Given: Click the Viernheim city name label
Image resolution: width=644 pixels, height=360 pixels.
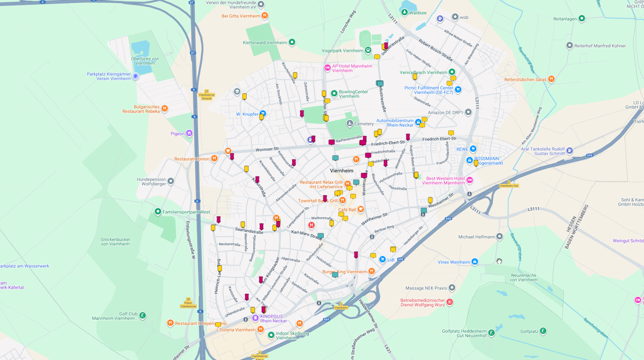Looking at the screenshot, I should point(341,171).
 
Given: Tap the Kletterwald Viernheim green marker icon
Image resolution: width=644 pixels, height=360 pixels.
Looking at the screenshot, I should point(292,42).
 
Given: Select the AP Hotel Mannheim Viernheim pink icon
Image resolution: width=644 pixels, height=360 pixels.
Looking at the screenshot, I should point(327,68).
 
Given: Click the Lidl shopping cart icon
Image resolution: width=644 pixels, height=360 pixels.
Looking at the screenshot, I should point(382,260).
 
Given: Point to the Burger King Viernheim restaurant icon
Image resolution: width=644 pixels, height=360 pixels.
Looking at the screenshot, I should point(371,271).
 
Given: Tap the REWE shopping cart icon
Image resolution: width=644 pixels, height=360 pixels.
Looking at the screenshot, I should point(473,149).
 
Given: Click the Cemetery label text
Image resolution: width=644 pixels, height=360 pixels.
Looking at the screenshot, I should point(364,124).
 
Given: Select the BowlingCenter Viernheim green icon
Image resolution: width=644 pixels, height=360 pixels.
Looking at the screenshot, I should point(334,94).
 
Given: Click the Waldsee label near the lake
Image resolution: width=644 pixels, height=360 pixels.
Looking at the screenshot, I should point(418,13).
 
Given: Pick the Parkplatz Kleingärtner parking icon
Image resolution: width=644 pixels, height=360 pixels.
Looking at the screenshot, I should point(135,76).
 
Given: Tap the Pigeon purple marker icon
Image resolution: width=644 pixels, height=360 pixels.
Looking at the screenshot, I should point(189,133).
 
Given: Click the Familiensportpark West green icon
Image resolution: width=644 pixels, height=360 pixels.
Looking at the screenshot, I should point(158,212).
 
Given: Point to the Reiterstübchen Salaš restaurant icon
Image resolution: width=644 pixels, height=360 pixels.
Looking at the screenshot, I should point(551,79).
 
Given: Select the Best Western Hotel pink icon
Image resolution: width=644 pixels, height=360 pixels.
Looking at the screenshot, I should point(470,180).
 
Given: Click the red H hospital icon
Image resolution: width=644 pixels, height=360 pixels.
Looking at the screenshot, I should point(311,225).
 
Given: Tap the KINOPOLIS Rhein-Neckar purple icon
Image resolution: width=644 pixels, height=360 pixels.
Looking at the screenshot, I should point(255,318).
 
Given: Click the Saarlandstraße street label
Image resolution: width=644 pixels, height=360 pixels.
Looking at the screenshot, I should point(249,231).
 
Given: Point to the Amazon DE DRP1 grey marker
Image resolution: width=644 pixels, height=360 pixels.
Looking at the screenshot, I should point(468,112).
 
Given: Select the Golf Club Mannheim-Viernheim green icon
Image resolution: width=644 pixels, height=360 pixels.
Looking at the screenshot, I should point(142,315).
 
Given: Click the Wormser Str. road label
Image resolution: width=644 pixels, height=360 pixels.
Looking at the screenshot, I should point(267,149).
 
